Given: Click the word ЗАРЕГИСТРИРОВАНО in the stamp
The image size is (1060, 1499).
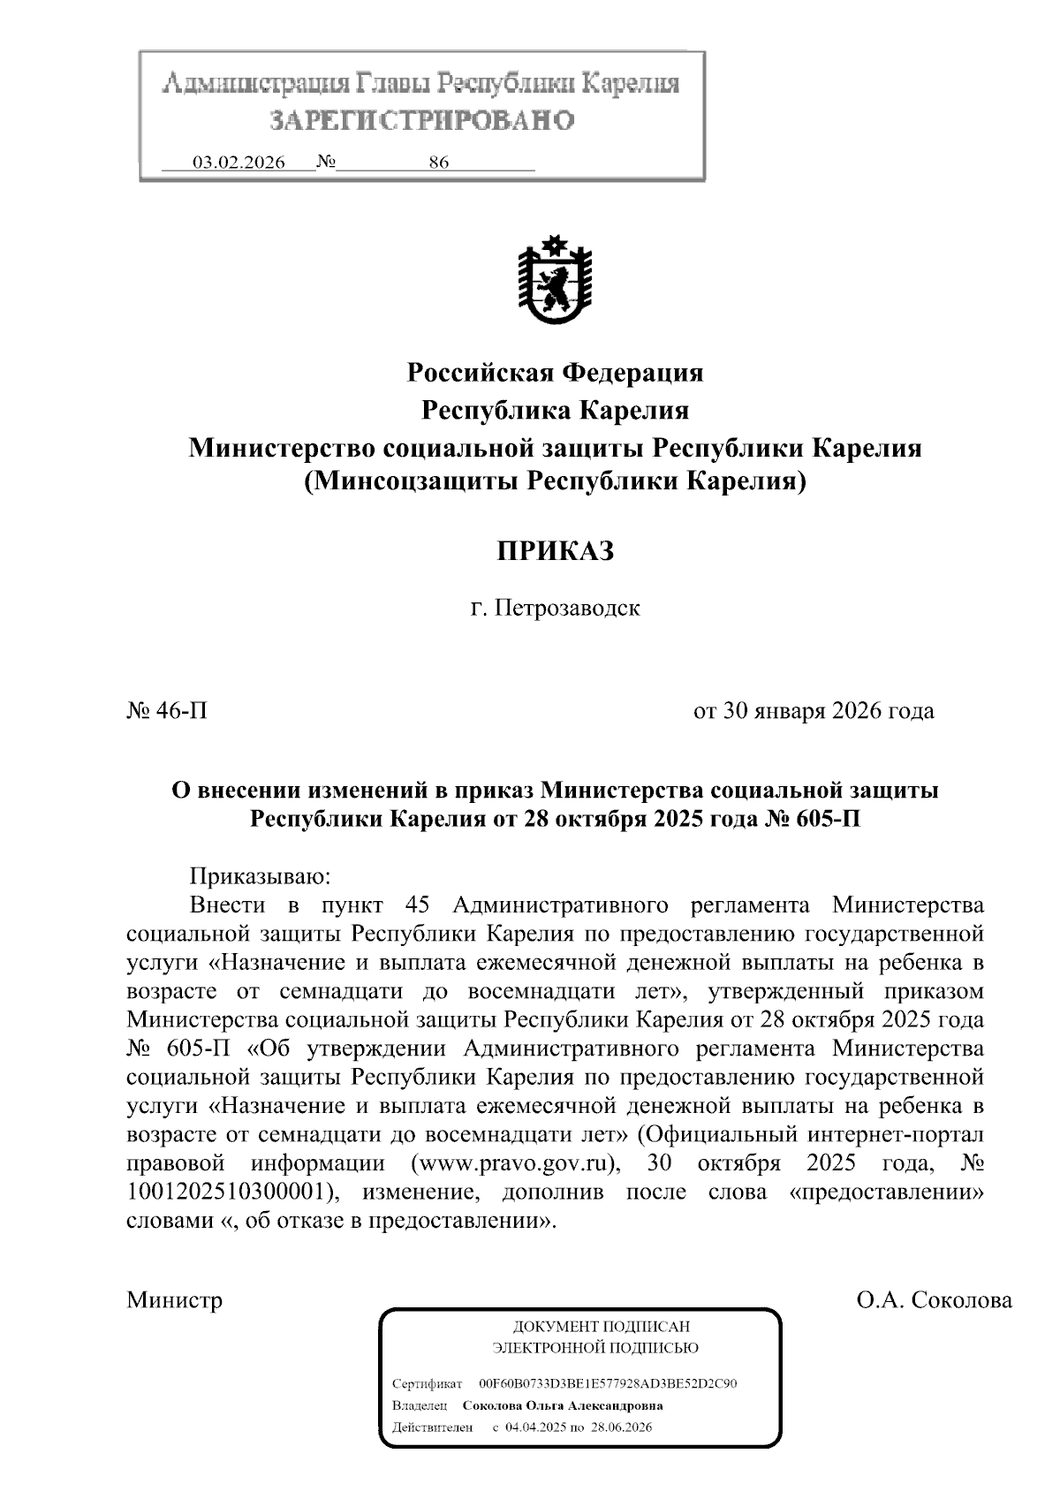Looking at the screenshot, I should click(421, 120).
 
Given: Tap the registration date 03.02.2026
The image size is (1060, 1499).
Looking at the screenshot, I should click(238, 163).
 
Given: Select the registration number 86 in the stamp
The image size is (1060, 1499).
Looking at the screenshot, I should click(439, 163).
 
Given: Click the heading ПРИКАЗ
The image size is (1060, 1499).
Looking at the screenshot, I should click(554, 552).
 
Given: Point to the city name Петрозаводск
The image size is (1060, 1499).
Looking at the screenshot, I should click(566, 609).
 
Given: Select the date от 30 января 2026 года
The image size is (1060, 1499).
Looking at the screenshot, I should click(814, 710).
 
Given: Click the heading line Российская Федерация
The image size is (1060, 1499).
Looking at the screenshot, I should click(555, 373).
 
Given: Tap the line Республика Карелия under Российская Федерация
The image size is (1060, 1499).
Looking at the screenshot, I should click(555, 411).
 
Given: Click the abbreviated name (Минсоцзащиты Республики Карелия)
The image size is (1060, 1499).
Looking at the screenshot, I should click(555, 481).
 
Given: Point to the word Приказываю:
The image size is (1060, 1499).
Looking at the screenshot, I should click(260, 876).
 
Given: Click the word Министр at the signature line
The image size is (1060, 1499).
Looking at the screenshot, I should click(174, 1300).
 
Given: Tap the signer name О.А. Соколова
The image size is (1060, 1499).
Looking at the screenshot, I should click(934, 1300).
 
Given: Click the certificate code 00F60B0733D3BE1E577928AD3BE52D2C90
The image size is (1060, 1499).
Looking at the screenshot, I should click(608, 1383).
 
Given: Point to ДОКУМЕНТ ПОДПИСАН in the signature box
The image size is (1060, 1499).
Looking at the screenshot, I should click(601, 1327).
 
